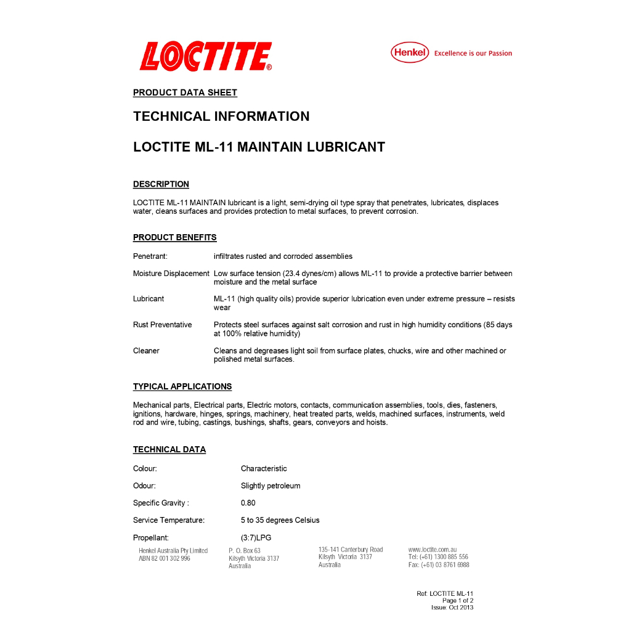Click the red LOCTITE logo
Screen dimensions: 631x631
pyautogui.click(x=206, y=57)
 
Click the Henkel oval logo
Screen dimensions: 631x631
pyautogui.click(x=410, y=53)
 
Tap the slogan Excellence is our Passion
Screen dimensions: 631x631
pyautogui.click(x=473, y=54)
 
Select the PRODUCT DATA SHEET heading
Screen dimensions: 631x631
pyautogui.click(x=185, y=92)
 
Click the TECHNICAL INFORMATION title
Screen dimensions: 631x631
pyautogui.click(x=221, y=116)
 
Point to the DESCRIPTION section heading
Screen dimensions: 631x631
pyautogui.click(x=161, y=184)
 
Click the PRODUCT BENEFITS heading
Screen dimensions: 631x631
pyautogui.click(x=174, y=237)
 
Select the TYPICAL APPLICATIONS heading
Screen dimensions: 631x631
pyautogui.click(x=182, y=386)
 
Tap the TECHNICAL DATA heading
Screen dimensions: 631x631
pyautogui.click(x=169, y=449)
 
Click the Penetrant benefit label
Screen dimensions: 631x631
pyautogui.click(x=150, y=256)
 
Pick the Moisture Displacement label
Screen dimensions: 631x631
pyautogui.click(x=171, y=274)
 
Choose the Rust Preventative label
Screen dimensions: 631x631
pyautogui.click(x=162, y=325)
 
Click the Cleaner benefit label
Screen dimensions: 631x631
pyautogui.click(x=146, y=351)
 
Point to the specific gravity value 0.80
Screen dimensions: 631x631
pyautogui.click(x=248, y=503)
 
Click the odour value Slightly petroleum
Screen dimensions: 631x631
pyautogui.click(x=271, y=486)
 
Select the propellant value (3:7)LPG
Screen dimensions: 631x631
pyautogui.click(x=256, y=537)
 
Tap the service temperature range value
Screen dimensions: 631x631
pyautogui.click(x=280, y=520)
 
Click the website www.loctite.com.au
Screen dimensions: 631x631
pyautogui.click(x=432, y=550)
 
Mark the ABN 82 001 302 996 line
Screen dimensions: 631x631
pyautogui.click(x=165, y=558)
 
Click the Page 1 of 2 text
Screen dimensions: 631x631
pyautogui.click(x=457, y=600)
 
